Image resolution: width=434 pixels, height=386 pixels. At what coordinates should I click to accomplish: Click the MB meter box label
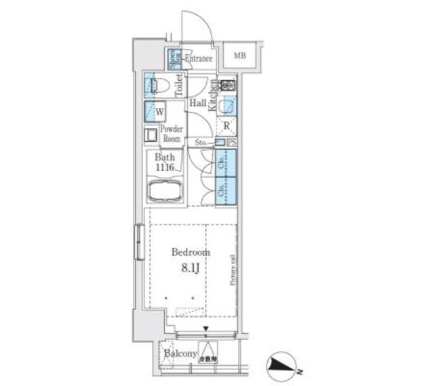click(x=239, y=56)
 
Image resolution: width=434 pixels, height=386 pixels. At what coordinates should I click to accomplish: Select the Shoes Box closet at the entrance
click(x=174, y=59)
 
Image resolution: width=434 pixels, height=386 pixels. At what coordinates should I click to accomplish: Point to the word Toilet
click(x=178, y=87)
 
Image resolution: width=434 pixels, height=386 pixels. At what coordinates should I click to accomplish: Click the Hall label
click(x=198, y=103)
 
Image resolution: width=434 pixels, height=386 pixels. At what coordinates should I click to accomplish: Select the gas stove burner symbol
click(x=227, y=85)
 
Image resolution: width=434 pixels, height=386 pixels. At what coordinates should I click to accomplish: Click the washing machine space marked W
click(x=159, y=112)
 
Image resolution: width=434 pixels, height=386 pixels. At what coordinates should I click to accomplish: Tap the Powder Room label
click(x=172, y=133)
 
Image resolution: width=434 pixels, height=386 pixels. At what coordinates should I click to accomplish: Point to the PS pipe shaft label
click(x=231, y=142)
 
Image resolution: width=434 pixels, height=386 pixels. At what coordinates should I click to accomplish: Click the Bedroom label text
click(x=191, y=252)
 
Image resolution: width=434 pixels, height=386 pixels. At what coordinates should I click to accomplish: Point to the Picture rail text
click(x=232, y=269)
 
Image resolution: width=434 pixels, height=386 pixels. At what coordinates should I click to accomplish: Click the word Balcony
click(x=180, y=354)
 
